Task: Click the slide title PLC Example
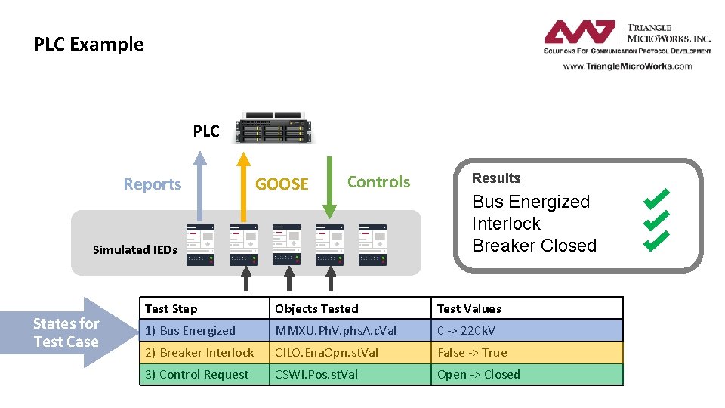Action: point(88,45)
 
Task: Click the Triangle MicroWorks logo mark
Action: point(580,32)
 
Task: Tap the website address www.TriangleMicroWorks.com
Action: point(627,66)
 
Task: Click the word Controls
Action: point(378,182)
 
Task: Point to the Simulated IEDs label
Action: point(135,250)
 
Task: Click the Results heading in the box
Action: point(496,178)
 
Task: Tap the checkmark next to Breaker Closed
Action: point(656,241)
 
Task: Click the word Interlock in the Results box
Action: point(506,224)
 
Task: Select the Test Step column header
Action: point(171,308)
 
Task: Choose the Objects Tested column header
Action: point(316,308)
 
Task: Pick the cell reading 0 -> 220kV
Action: point(467,330)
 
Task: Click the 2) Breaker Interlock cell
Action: point(199,352)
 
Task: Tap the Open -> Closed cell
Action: point(479,374)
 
